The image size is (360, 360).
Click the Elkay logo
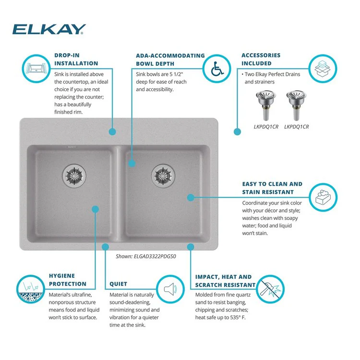point(49,29)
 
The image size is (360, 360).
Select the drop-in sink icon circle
point(34,68)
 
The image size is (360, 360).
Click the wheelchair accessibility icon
point(216,69)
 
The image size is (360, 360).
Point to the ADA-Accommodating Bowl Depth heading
point(170,60)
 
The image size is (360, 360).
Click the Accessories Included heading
point(261,60)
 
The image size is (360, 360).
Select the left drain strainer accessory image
point(264,106)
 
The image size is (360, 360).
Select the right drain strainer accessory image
point(296,106)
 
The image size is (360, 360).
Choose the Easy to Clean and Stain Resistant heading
point(272,188)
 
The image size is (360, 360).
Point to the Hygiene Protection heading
point(68,280)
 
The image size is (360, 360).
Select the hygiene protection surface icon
point(30,289)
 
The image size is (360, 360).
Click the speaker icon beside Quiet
point(171,289)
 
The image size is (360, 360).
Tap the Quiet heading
point(118,284)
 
